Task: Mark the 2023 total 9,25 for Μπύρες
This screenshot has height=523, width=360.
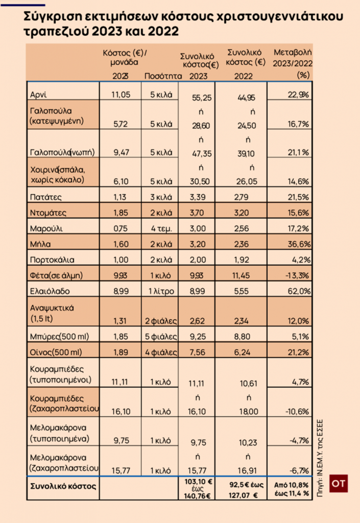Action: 198,338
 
